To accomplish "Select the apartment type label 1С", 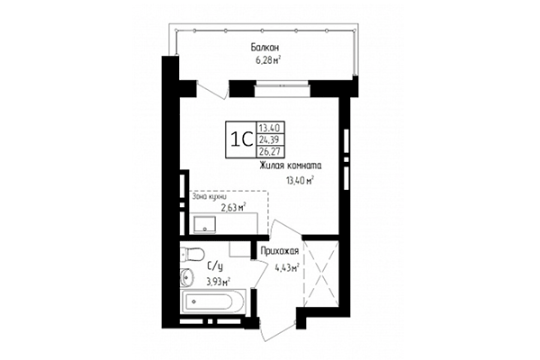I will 240,139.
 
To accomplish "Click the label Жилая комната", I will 291,166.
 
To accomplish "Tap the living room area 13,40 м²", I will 299,180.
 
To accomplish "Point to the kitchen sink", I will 203,221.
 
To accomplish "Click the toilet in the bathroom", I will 190,253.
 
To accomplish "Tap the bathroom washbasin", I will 186,276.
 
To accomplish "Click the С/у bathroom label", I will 216,266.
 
